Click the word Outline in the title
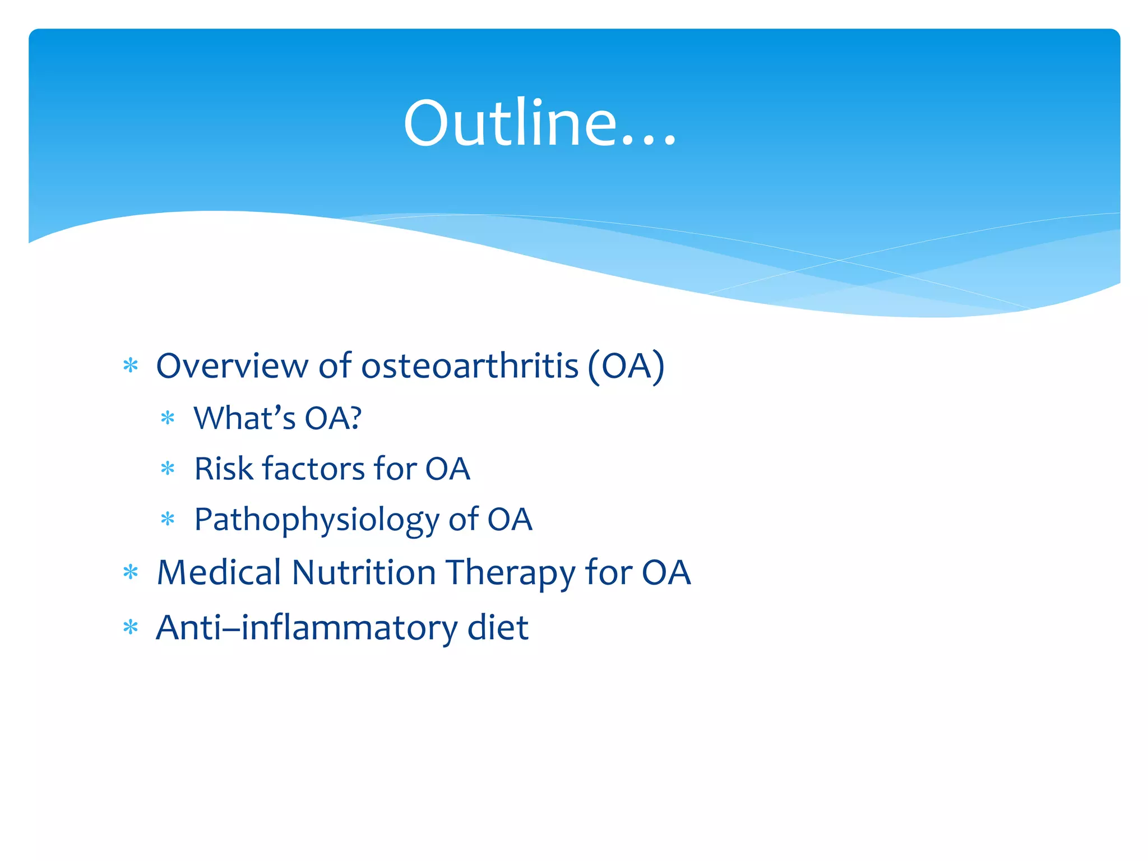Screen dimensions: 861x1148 pyautogui.click(x=510, y=123)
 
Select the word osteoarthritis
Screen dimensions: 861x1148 pyautogui.click(x=470, y=366)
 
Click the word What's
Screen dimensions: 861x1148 pyautogui.click(x=244, y=418)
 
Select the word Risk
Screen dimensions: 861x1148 pyautogui.click(x=223, y=469)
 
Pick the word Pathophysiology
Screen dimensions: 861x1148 pyautogui.click(x=316, y=520)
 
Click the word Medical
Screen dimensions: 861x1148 pyautogui.click(x=219, y=572)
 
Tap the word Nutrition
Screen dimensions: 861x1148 pyautogui.click(x=364, y=572)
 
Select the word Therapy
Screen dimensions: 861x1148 pyautogui.click(x=511, y=573)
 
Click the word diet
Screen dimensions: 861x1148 pyautogui.click(x=498, y=627)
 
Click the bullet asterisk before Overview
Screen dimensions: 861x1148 pyautogui.click(x=131, y=366)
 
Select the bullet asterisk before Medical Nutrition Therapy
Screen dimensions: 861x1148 pyautogui.click(x=131, y=572)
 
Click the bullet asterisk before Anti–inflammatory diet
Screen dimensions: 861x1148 pyautogui.click(x=131, y=627)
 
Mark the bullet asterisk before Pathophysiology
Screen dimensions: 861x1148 pyautogui.click(x=168, y=519)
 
